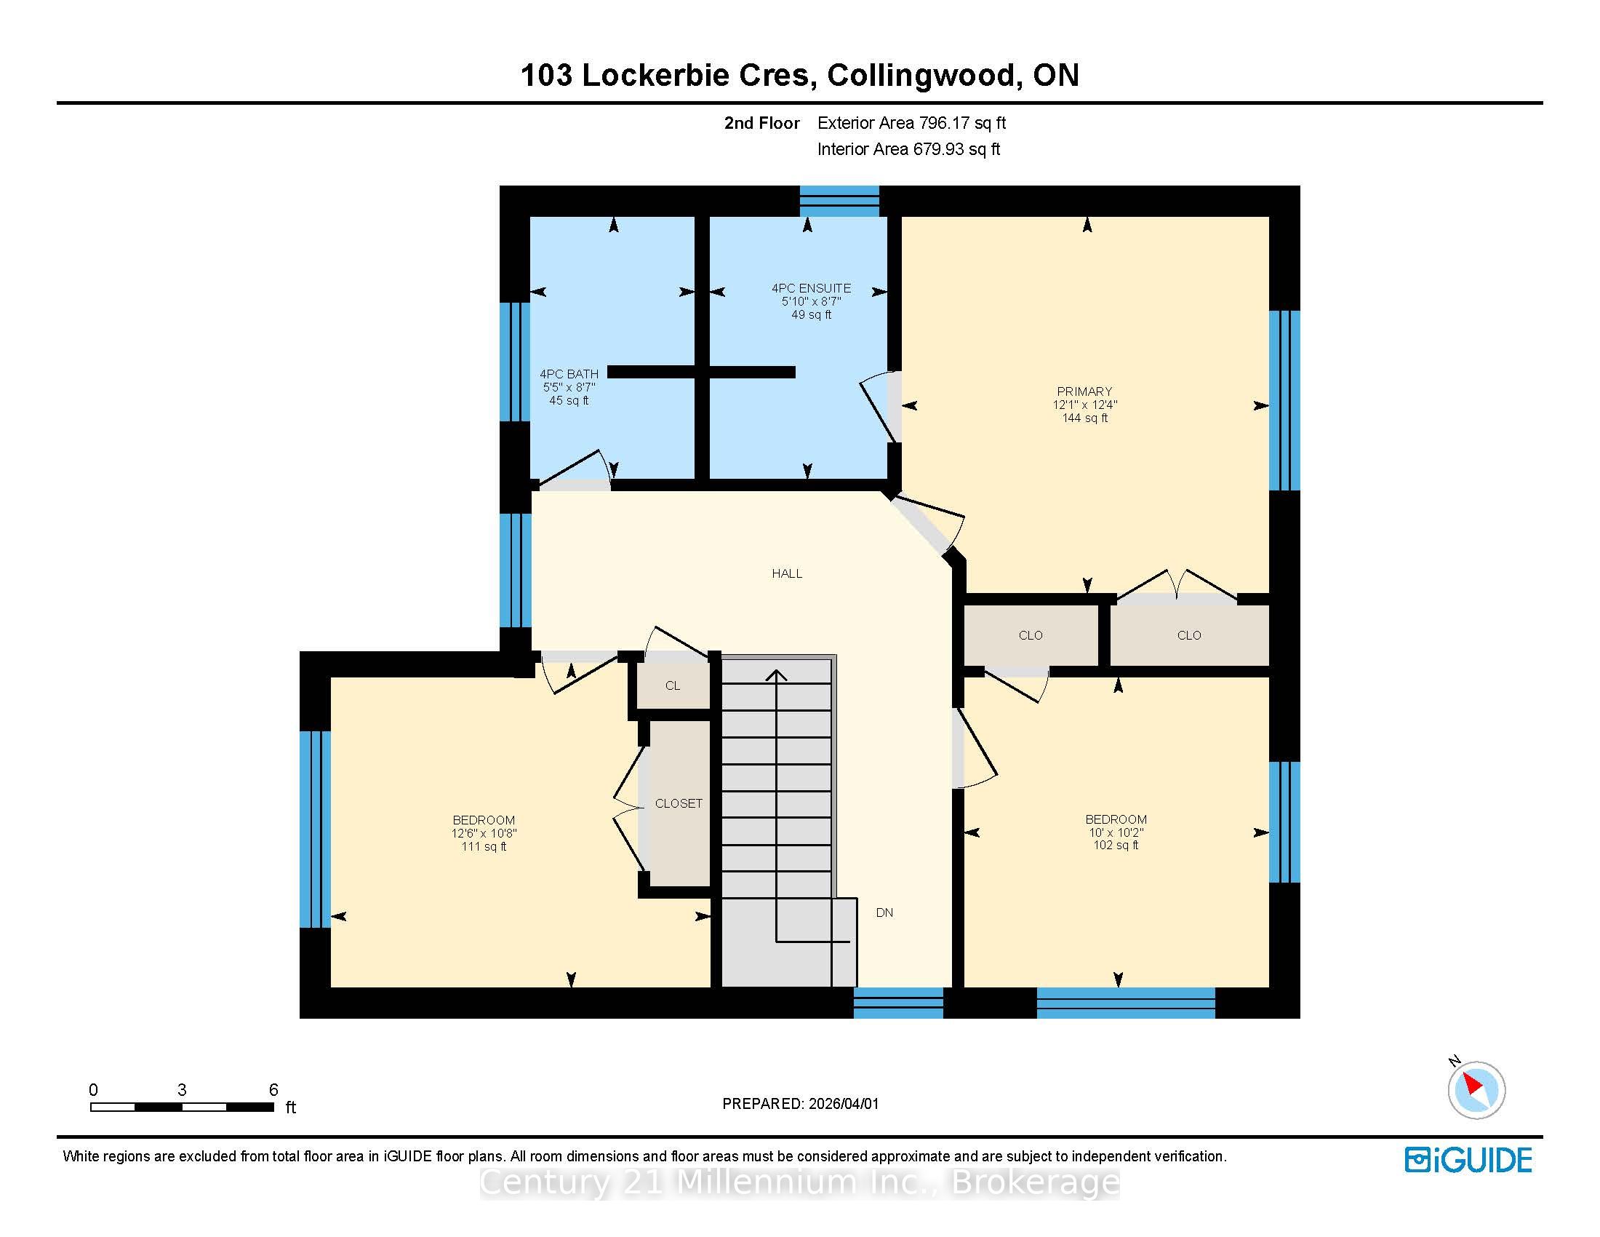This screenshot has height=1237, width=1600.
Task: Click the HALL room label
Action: click(787, 574)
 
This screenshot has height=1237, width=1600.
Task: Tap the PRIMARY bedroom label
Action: click(1084, 391)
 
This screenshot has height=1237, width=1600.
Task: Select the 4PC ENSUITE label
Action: click(811, 288)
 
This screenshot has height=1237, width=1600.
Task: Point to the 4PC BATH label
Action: click(569, 374)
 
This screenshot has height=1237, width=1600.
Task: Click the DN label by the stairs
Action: click(884, 912)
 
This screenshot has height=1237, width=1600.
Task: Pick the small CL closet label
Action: click(673, 686)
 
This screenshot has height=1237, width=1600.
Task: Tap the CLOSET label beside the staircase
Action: click(679, 803)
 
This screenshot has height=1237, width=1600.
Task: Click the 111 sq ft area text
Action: click(484, 846)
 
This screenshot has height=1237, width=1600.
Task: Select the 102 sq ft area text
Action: click(1116, 845)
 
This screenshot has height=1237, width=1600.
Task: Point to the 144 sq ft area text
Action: click(1085, 418)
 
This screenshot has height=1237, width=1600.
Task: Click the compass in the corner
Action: click(1476, 1089)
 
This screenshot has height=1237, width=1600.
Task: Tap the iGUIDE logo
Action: click(1468, 1160)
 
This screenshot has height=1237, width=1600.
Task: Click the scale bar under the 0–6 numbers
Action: click(182, 1107)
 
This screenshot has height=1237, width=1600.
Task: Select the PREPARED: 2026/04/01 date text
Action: click(800, 1104)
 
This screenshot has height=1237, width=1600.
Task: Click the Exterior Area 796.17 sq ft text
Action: click(911, 123)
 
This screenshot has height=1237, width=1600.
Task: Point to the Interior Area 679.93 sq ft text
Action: click(908, 149)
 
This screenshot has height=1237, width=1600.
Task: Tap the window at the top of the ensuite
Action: click(839, 201)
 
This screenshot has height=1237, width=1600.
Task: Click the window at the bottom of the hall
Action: click(898, 1003)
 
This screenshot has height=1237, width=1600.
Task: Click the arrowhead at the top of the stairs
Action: click(777, 675)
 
